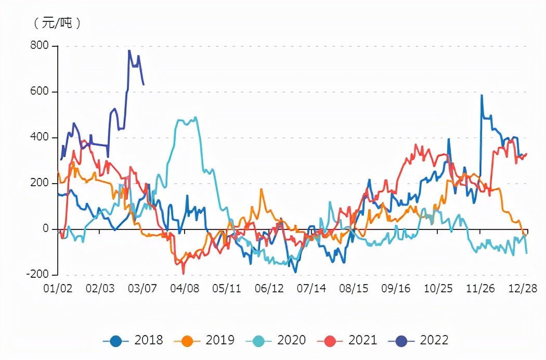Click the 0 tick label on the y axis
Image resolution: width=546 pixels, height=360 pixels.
coord(45,229)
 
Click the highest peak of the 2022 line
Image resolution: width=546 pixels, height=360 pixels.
coord(129,50)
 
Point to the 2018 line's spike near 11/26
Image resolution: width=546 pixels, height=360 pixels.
coord(482,95)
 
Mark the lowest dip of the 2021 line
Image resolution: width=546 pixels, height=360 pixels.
coord(183,273)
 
